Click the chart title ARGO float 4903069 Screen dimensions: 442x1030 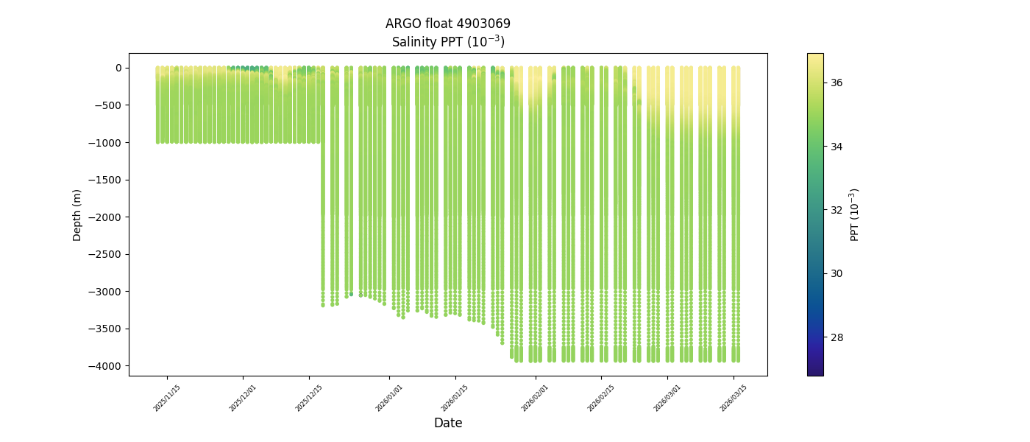(447, 24)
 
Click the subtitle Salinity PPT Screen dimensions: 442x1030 (447, 42)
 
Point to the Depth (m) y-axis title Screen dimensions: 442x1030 (77, 214)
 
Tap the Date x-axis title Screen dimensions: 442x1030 (447, 423)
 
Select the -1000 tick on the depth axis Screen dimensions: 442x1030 (107, 142)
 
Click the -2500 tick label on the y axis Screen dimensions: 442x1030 (107, 254)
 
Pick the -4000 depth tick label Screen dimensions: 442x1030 (107, 366)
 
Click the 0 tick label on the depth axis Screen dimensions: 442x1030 (118, 68)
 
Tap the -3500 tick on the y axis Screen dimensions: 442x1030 (107, 329)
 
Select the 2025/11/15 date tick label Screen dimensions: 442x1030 (167, 398)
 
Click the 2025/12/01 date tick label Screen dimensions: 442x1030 (243, 398)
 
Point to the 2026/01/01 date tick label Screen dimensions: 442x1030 (389, 398)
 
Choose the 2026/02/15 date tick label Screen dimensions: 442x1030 (601, 398)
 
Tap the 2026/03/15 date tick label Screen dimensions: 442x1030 (734, 398)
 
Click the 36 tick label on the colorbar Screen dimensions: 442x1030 (837, 83)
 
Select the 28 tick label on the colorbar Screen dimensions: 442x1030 (837, 337)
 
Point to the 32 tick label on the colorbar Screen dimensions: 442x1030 (837, 210)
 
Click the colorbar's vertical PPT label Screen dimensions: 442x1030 (855, 214)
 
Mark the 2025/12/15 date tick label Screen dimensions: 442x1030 (309, 398)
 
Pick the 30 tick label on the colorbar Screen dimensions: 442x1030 (837, 273)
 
